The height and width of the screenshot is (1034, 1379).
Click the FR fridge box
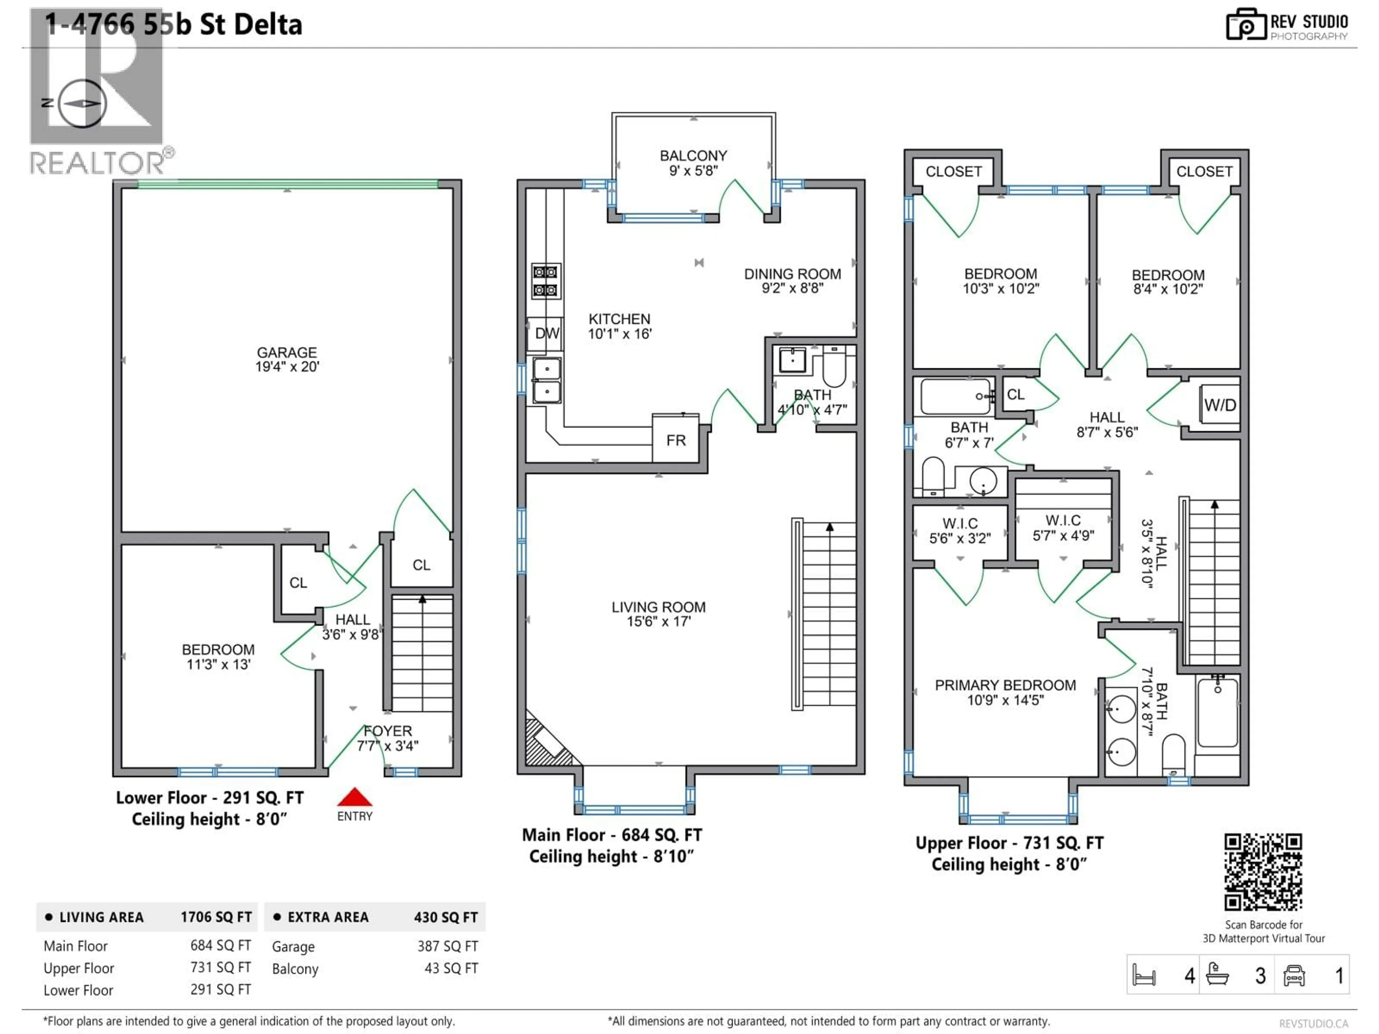tap(676, 440)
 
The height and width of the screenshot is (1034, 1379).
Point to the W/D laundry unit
tap(1220, 405)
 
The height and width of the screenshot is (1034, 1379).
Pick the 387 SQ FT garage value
tap(447, 946)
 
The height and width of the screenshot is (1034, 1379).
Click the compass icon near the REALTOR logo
tap(82, 103)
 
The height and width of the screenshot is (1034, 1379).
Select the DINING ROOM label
tap(792, 280)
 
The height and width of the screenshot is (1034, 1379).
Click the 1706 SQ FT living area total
tap(216, 917)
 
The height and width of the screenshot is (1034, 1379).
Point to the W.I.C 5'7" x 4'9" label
tap(1063, 528)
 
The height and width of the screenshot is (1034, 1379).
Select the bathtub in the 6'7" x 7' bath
tap(955, 396)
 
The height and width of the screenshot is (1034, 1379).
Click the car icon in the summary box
tap(1294, 975)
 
